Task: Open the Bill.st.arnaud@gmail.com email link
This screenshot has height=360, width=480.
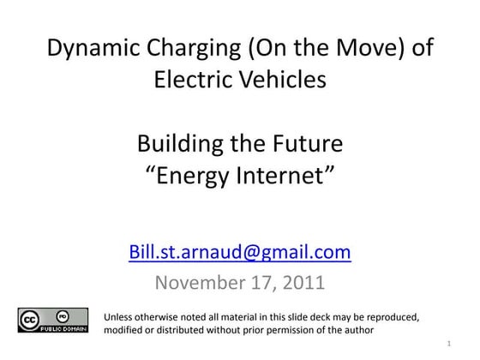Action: [239, 252]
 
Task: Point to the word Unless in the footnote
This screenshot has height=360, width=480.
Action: [119, 318]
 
